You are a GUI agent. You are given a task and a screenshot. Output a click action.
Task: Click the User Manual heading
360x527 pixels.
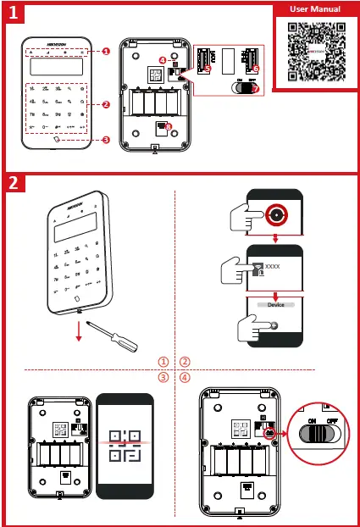click(315, 9)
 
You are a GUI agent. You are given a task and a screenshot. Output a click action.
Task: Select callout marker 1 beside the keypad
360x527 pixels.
click(106, 51)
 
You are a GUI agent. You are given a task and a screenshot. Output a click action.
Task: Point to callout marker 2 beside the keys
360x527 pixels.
click(106, 105)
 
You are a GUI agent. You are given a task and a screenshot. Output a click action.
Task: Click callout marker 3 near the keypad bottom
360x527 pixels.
click(106, 140)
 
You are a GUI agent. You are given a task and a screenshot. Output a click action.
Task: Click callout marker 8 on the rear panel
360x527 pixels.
click(169, 128)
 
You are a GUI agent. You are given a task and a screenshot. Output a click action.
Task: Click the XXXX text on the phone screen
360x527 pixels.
click(272, 266)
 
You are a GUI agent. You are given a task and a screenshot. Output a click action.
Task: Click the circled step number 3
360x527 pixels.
click(163, 377)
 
